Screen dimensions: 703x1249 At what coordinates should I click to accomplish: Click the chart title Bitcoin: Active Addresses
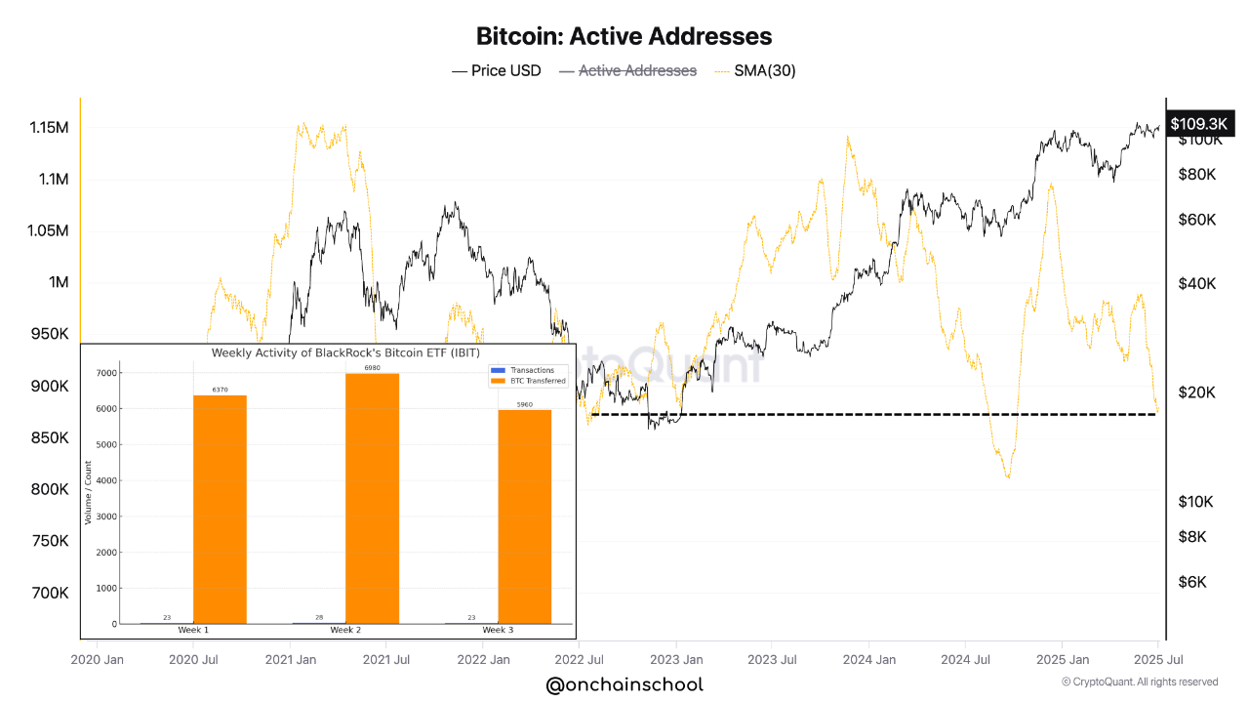click(x=624, y=36)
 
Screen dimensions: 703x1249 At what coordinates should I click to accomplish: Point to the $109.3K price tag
click(x=1197, y=123)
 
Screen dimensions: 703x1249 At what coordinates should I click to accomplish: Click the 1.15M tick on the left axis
click(x=49, y=128)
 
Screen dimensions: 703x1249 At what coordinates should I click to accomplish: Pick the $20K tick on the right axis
click(x=1197, y=393)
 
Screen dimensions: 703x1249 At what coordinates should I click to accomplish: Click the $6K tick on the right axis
click(x=1192, y=582)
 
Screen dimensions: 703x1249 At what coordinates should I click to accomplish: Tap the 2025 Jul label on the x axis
click(x=1157, y=659)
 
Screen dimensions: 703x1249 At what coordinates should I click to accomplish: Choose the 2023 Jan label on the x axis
click(x=676, y=659)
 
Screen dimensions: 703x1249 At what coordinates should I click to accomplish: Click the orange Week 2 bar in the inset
click(x=372, y=498)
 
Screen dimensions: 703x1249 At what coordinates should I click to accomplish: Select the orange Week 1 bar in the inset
click(x=220, y=509)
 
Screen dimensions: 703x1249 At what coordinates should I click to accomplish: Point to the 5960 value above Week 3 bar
click(x=525, y=404)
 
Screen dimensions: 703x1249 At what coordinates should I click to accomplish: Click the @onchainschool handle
click(x=624, y=685)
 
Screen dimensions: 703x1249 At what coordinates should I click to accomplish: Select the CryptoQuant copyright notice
click(x=1139, y=682)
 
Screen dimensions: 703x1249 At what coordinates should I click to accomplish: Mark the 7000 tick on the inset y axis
click(x=106, y=373)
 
